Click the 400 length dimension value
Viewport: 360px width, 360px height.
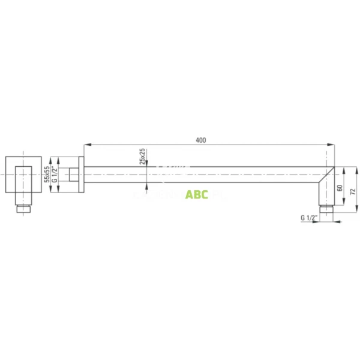(x=200, y=140)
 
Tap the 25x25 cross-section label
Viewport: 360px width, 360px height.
(x=142, y=155)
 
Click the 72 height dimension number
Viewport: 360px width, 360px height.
(x=352, y=191)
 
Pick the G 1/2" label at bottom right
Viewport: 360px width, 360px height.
(x=308, y=218)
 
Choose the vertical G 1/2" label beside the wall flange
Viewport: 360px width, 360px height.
(x=55, y=175)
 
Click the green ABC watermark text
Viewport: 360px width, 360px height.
(x=196, y=194)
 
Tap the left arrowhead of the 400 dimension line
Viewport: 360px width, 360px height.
(x=86, y=145)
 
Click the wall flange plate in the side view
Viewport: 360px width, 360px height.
(x=81, y=175)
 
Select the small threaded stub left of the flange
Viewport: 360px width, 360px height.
(x=73, y=175)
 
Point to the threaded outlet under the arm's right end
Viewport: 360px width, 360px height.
(x=326, y=209)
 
